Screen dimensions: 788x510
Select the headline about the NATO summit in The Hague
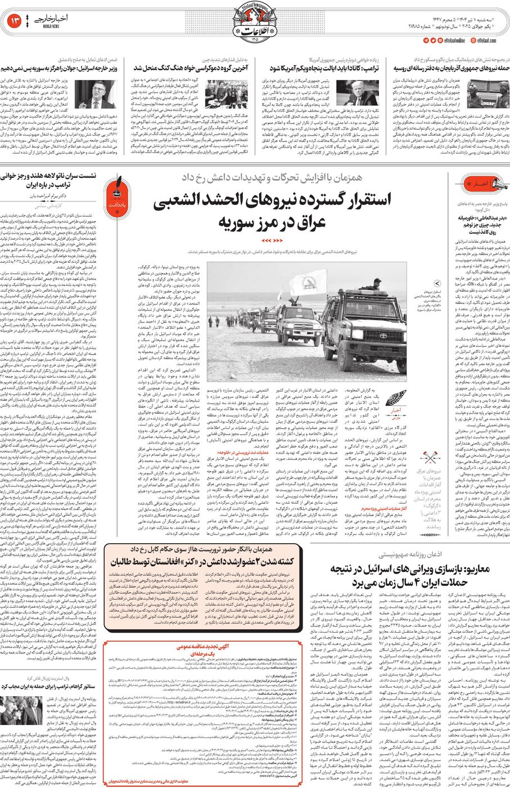(x=51, y=180)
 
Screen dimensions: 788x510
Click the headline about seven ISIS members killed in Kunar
(x=202, y=562)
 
